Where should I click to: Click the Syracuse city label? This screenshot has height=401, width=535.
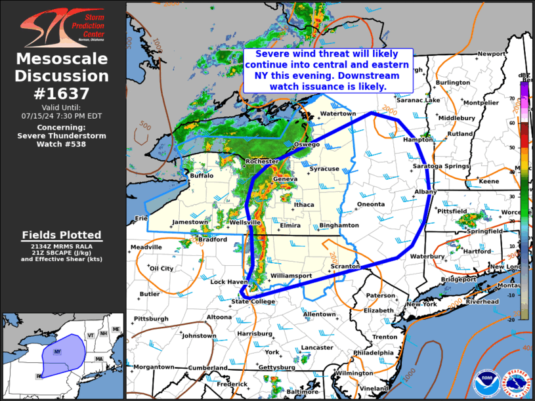[x=324, y=169]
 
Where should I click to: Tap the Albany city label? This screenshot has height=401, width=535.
[x=425, y=192]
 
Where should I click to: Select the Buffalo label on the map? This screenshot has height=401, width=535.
[x=202, y=176]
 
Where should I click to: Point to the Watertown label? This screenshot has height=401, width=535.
[x=337, y=114]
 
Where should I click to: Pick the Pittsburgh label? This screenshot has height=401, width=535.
[x=151, y=318]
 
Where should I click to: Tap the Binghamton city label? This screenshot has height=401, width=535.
[x=339, y=225]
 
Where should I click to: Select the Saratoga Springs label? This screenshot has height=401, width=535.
[x=441, y=166]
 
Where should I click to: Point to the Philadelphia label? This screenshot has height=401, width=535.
[x=373, y=352]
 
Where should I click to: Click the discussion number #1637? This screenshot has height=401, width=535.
[x=63, y=93]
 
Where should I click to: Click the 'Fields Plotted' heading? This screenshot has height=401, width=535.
[x=62, y=234]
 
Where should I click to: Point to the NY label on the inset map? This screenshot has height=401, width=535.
[x=57, y=352]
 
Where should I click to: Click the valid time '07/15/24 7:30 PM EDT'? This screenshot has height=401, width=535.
[x=63, y=115]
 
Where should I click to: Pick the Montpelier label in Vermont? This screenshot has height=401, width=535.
[x=481, y=102]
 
